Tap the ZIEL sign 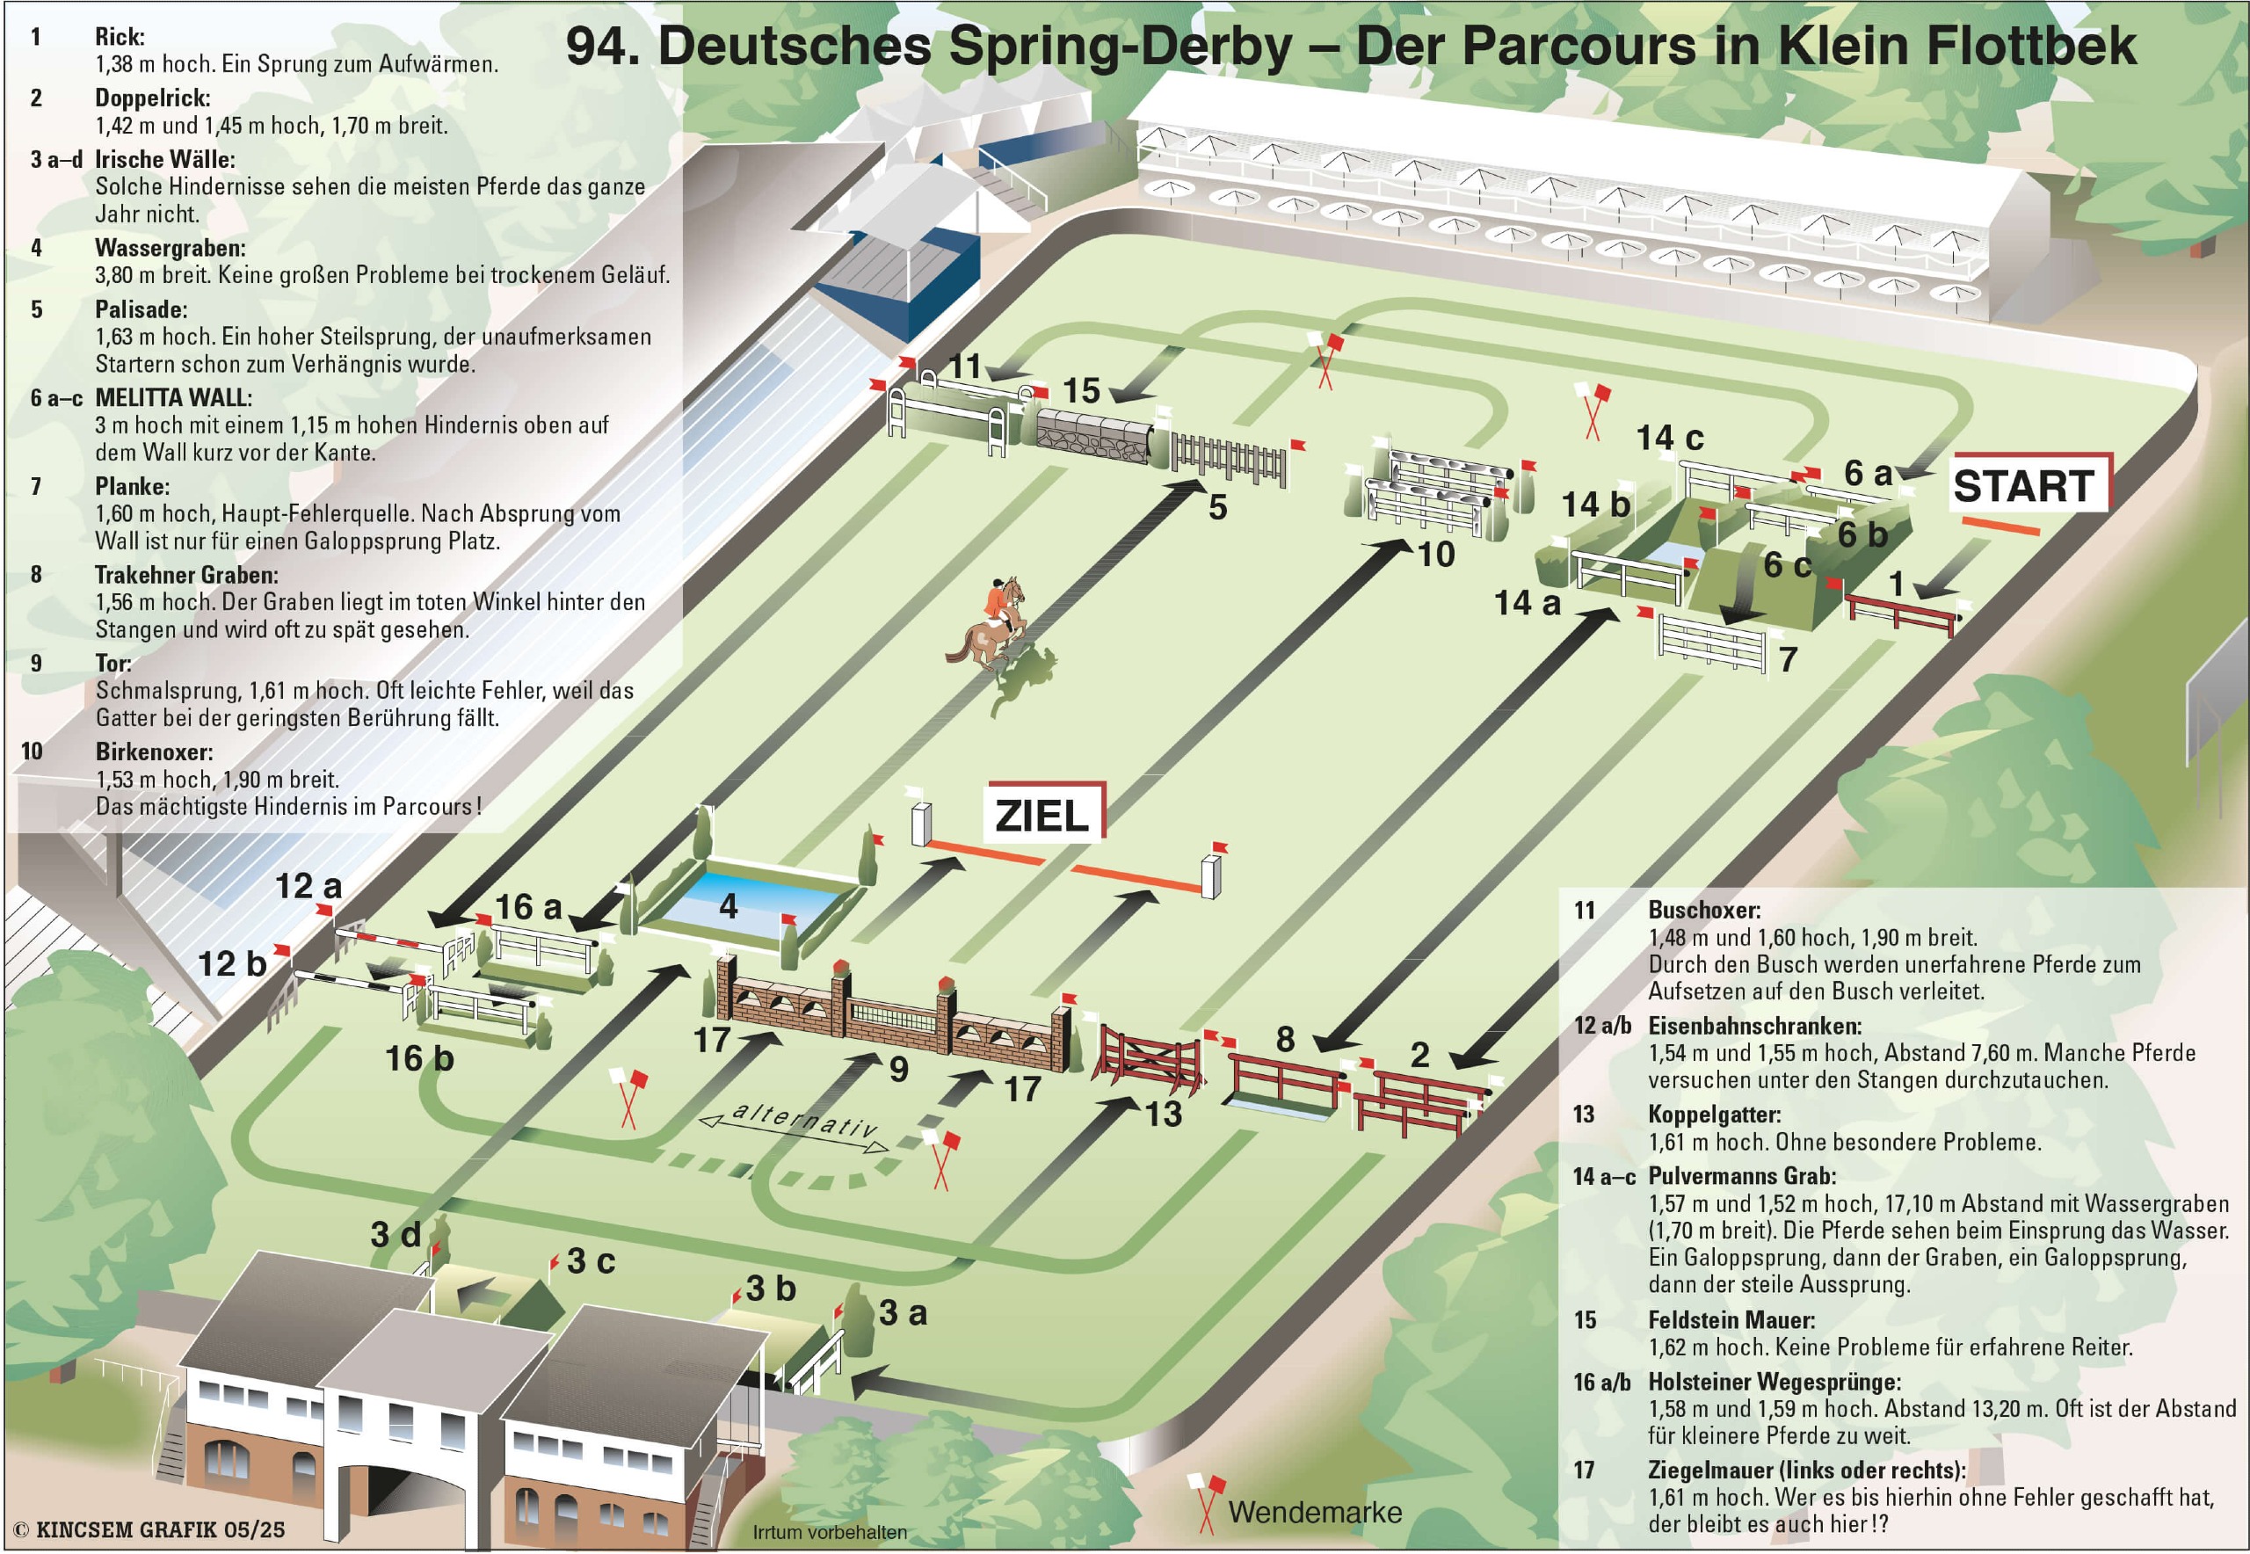point(1045,812)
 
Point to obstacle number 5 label point(1217,507)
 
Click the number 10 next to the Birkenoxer point(1435,554)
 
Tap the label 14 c point(1670,438)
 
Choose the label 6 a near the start point(1868,473)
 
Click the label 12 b point(232,964)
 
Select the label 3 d point(396,1235)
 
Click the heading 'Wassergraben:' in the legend point(171,248)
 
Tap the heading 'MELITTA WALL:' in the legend point(173,397)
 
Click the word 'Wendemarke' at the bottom point(1316,1512)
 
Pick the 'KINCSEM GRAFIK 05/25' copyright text point(151,1529)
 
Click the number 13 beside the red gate point(1164,1114)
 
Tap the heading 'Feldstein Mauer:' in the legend point(1732,1319)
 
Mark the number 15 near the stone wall point(1081,390)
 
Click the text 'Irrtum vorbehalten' point(830,1533)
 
